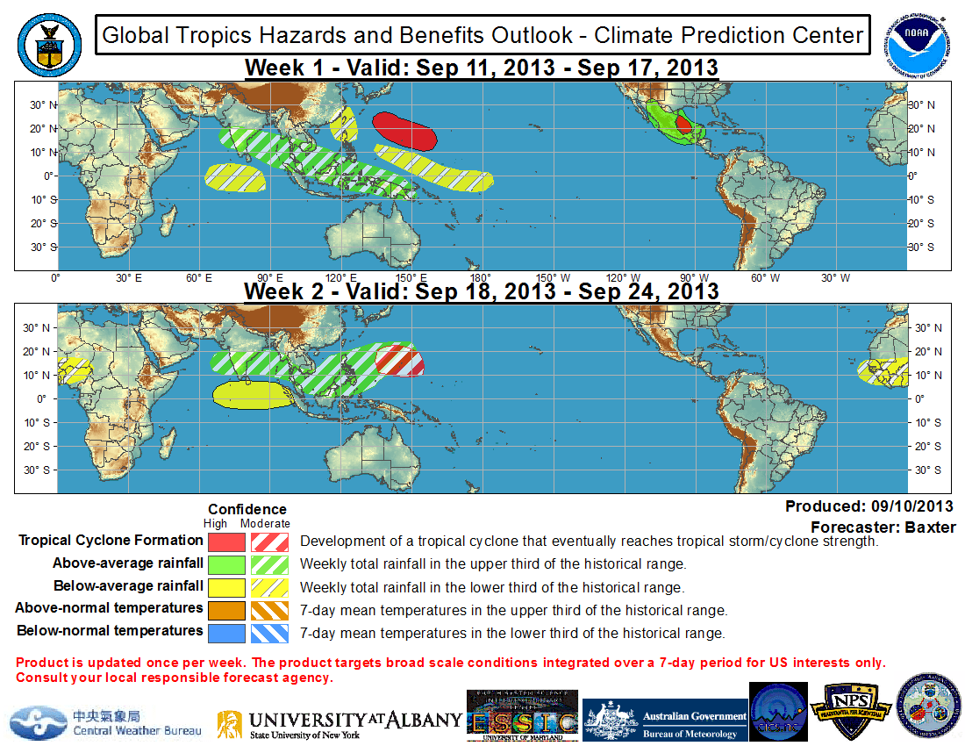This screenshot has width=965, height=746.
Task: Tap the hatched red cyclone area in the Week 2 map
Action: click(x=400, y=360)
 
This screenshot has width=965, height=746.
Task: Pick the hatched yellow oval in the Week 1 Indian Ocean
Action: click(x=236, y=178)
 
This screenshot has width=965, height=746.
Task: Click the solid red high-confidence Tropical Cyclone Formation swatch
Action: click(x=227, y=542)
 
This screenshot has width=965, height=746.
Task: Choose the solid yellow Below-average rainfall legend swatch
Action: click(x=227, y=586)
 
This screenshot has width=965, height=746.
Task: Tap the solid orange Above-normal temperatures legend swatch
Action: click(x=227, y=609)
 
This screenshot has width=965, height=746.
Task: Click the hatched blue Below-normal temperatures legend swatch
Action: click(x=270, y=632)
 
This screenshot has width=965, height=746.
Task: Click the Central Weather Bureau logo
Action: click(x=105, y=722)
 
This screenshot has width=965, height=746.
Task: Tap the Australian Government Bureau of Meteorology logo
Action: click(x=666, y=722)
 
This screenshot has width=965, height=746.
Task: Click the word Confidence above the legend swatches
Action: click(x=247, y=509)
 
